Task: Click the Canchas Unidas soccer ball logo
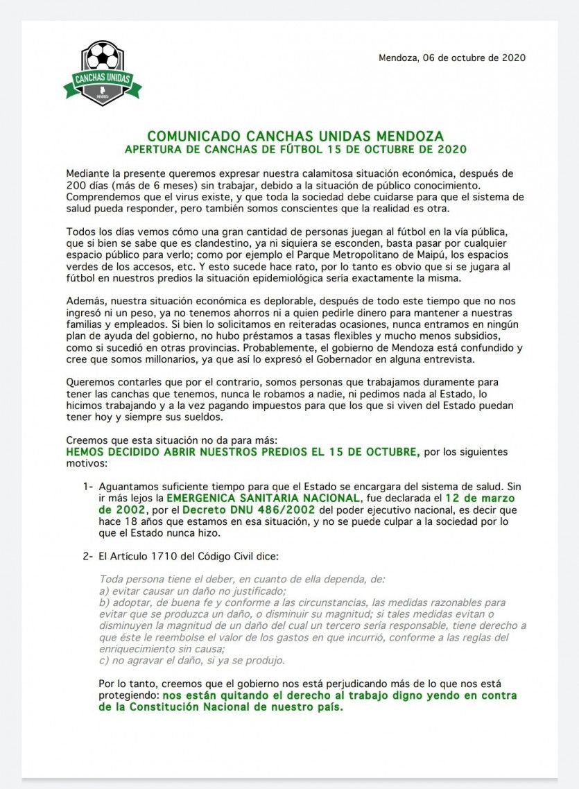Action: click(x=103, y=72)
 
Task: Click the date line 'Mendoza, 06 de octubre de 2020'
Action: click(x=451, y=58)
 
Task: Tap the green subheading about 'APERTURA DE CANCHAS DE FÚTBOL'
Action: click(x=295, y=149)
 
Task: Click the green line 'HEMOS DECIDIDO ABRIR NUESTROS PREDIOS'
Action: click(x=242, y=452)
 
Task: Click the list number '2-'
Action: click(x=88, y=556)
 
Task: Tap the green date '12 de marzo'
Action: click(x=479, y=498)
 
